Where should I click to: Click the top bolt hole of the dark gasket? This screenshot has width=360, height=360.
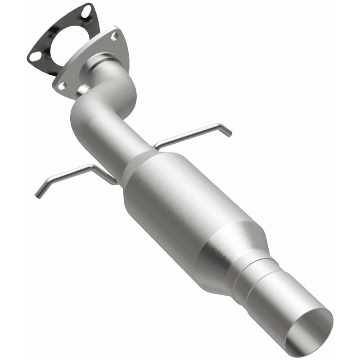click(86, 13)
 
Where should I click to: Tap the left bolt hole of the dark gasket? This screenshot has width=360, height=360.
click(35, 57)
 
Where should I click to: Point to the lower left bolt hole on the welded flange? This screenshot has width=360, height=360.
click(62, 85)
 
